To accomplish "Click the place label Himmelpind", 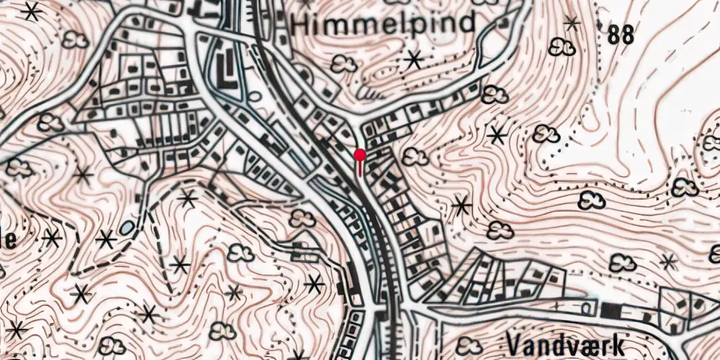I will (384, 23).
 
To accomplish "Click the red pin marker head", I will (360, 154).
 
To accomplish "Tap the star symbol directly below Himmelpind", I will (413, 59).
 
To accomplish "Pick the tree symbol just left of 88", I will (562, 48).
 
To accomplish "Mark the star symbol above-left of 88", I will (572, 24).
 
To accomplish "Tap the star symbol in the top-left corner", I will (31, 11).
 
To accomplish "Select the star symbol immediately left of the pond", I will (107, 238).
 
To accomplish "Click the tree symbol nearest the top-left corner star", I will (75, 40).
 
